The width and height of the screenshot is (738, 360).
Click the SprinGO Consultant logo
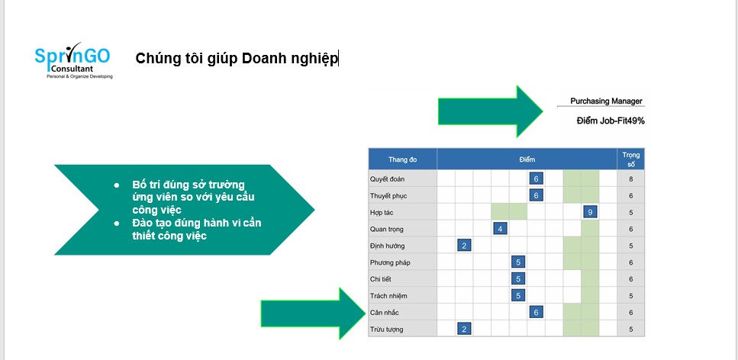tap(73, 60)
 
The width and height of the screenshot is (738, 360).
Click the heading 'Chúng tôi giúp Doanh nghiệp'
tap(237, 59)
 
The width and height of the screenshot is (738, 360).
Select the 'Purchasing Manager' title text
tap(606, 101)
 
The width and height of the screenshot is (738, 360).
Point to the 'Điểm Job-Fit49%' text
tap(611, 121)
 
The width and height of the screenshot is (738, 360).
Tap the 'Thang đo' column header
tap(402, 159)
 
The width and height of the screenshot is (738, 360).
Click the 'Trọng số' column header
tap(630, 159)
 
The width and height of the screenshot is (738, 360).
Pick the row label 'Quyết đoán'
tap(388, 179)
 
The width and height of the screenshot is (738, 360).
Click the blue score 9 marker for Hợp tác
tap(590, 212)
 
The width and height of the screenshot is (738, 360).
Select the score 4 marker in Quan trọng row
tap(500, 229)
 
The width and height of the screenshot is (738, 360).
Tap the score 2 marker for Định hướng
tap(464, 246)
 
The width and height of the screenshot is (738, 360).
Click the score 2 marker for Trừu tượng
tap(464, 329)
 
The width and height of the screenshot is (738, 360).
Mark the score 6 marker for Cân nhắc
tap(536, 312)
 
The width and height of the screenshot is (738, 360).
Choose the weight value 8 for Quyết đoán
tap(630, 179)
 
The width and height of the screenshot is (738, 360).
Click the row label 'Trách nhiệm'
tap(388, 296)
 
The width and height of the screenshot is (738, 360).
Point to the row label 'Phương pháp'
tap(390, 262)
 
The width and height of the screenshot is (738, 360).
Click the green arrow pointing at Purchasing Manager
tap(491, 111)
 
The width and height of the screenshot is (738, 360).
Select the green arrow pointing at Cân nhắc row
tap(313, 313)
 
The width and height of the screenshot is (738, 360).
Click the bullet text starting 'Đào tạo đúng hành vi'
tap(197, 229)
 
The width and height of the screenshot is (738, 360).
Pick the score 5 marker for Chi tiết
tap(518, 279)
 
